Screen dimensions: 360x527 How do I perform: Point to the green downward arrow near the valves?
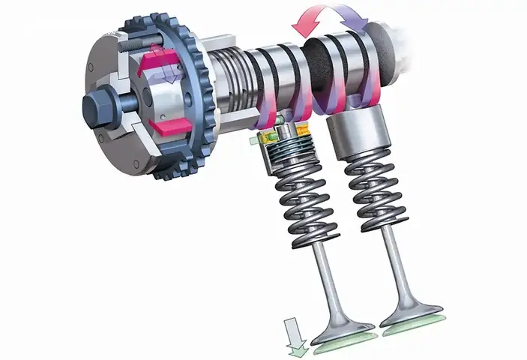coord(294,333)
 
